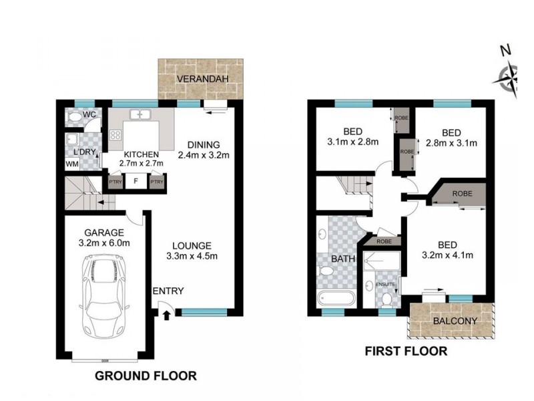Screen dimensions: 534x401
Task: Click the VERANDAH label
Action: [x=202, y=79]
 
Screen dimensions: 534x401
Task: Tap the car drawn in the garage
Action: [x=103, y=296]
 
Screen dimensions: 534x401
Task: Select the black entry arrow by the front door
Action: [x=166, y=315]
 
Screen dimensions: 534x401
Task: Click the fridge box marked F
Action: [x=136, y=181]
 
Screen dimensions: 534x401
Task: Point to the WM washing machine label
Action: [x=72, y=164]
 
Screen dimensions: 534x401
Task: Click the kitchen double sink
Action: [x=140, y=114]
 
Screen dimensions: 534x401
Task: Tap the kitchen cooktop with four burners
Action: [x=115, y=135]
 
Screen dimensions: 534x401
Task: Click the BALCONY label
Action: [x=455, y=321]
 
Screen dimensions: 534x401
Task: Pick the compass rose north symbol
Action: [x=507, y=78]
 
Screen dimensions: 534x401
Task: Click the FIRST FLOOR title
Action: [x=406, y=352]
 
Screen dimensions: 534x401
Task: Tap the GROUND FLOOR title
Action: [x=146, y=376]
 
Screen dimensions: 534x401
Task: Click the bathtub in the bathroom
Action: [x=336, y=299]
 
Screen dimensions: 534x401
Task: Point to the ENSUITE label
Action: [x=385, y=284]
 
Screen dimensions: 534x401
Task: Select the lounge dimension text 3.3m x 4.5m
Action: [x=192, y=256]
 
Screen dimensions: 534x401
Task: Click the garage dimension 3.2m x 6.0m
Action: [x=104, y=243]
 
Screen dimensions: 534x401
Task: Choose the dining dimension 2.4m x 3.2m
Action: [x=204, y=155]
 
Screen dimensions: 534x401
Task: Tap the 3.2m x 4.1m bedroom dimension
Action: [x=447, y=255]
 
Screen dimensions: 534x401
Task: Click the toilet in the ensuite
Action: [x=386, y=300]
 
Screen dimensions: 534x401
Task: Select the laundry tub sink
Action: [x=72, y=140]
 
